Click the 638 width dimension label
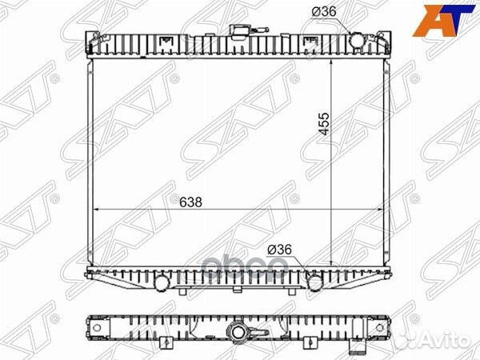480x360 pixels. coord(190,202)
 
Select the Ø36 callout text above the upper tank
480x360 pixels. coord(324,12)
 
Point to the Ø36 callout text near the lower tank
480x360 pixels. coord(279,250)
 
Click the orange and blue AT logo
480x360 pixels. coord(445,21)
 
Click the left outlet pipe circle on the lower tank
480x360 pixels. coord(162,282)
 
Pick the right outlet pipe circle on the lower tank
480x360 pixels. coord(314,282)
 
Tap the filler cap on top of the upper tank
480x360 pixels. coord(238,31)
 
